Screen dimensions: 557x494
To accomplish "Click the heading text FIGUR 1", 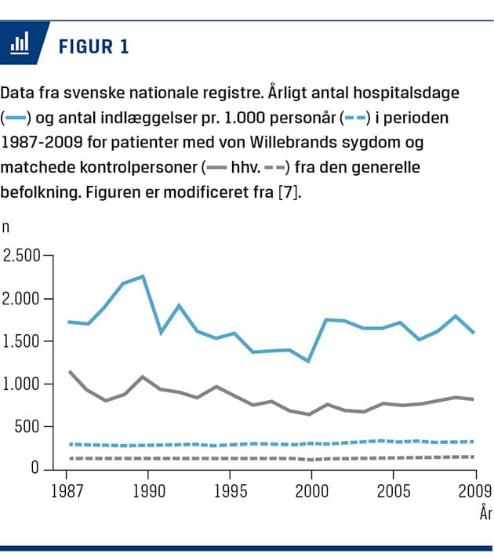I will point(93,46).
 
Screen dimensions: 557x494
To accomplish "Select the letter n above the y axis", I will point(7,228).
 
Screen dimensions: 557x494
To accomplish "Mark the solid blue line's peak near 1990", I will point(143,276).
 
